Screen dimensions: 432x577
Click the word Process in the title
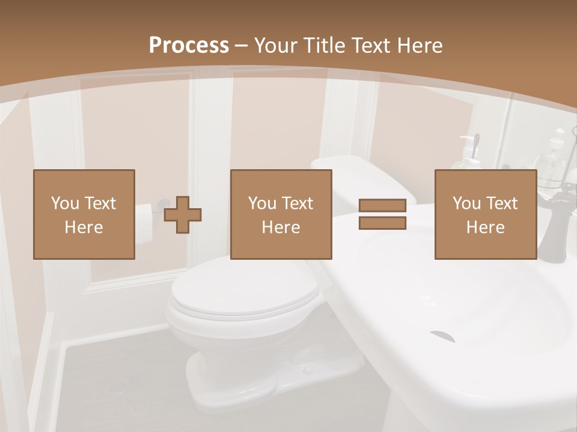point(189,46)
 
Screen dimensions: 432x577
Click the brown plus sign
point(183,215)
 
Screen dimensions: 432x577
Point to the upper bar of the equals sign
point(382,206)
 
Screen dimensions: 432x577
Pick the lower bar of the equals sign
point(382,223)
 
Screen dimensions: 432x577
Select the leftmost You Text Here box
point(84,214)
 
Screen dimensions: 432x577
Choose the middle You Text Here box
point(281,214)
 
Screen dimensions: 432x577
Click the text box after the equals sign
point(485,214)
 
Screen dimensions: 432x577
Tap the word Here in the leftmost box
point(84,227)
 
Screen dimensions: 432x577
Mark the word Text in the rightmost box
point(502,203)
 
